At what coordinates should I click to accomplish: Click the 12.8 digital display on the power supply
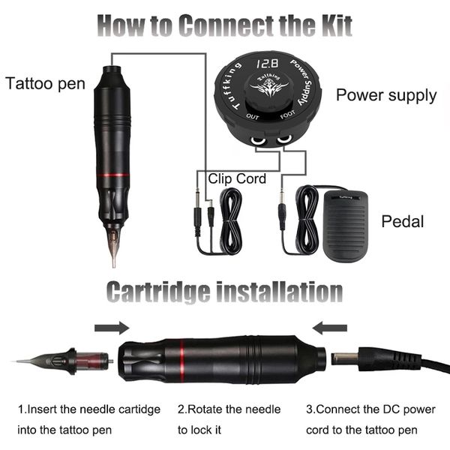[267, 64]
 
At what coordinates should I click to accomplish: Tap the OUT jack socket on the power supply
[257, 140]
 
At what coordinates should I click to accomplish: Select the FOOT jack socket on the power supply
[284, 139]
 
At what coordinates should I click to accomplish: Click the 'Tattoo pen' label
[45, 84]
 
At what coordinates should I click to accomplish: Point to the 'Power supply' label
[386, 95]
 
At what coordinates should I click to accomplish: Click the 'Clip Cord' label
[237, 178]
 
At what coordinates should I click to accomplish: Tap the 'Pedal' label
[402, 221]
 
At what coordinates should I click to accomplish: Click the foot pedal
[345, 226]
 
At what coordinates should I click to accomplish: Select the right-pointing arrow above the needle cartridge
[112, 328]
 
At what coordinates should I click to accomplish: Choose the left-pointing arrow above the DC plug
[329, 328]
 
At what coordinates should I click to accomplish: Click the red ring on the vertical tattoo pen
[112, 175]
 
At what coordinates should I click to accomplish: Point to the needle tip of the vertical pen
[114, 265]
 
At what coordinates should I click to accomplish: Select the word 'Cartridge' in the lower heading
[158, 292]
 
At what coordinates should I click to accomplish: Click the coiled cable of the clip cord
[230, 221]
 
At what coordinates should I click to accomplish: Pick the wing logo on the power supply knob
[269, 88]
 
